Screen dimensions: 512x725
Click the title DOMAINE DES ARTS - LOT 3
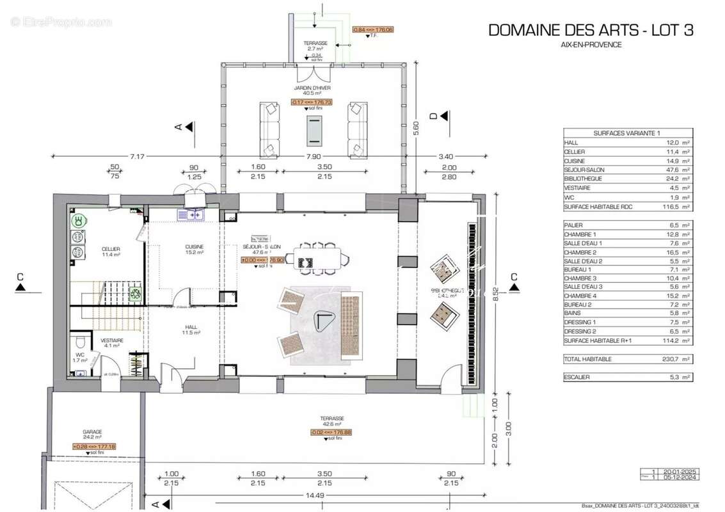591,30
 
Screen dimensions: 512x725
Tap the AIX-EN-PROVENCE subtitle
591,45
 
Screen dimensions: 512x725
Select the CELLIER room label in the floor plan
111,249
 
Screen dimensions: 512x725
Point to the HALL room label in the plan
191,327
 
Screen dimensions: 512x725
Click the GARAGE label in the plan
92,432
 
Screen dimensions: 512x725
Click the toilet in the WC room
78,342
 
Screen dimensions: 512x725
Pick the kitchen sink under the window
191,215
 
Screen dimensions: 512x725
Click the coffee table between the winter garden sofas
314,132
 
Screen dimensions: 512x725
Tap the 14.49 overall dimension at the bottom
314,495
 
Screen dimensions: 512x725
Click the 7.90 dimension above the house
313,156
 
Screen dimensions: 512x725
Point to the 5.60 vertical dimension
416,128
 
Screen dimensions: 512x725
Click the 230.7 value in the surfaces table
671,359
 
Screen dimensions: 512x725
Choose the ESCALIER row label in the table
577,377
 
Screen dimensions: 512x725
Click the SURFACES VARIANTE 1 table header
626,132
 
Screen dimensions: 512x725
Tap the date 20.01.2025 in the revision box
680,472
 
